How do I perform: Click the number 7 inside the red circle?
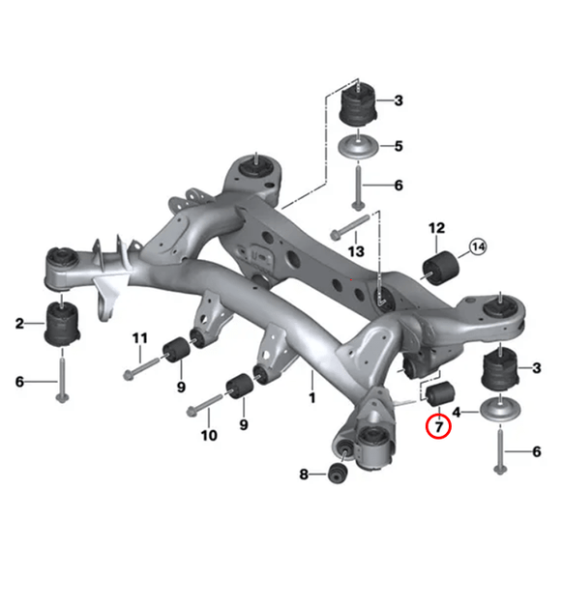pyautogui.click(x=438, y=425)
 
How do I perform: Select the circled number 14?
pyautogui.click(x=478, y=248)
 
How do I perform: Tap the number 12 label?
pyautogui.click(x=436, y=228)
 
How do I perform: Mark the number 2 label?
pyautogui.click(x=18, y=322)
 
